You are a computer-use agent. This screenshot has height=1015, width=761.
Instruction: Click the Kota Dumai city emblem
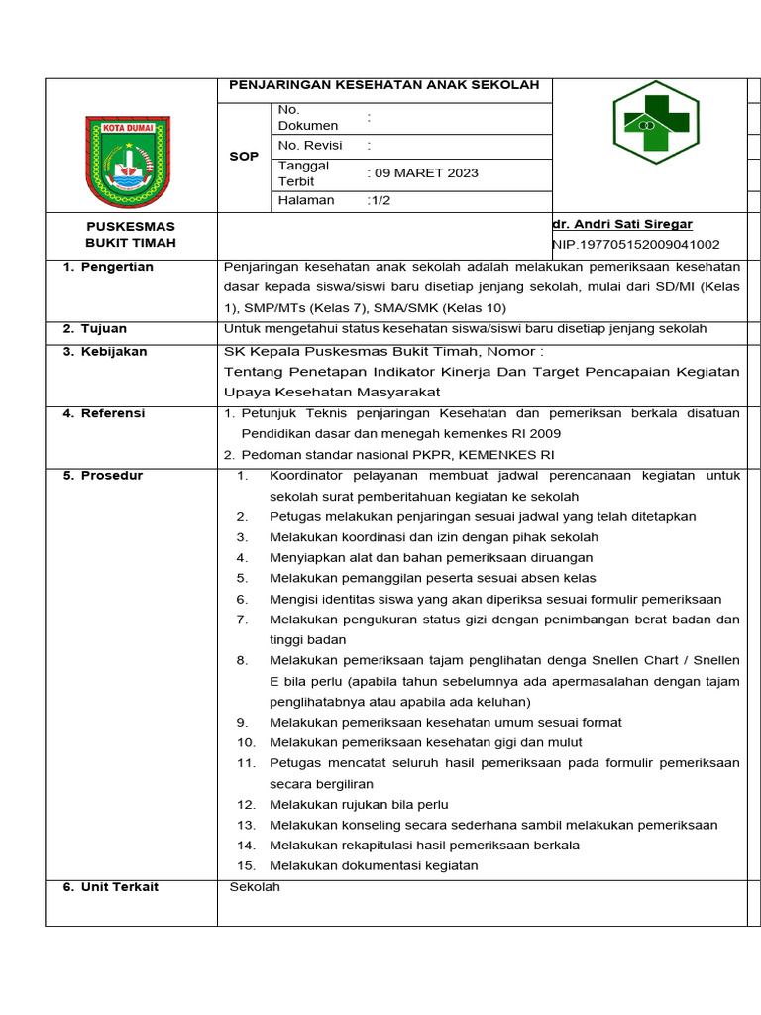tap(128, 162)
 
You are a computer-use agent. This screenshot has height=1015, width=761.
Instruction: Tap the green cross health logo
tap(655, 123)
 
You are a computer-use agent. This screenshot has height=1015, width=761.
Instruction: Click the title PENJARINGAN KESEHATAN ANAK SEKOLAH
tap(384, 85)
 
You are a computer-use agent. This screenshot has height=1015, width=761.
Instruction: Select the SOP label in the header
tap(244, 157)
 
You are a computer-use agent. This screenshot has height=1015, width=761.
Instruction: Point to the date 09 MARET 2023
tap(424, 172)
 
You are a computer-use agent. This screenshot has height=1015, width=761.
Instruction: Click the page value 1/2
tap(379, 200)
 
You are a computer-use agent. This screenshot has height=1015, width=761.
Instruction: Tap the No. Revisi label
tap(310, 145)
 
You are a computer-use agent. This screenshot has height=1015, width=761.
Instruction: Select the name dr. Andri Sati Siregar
tap(622, 225)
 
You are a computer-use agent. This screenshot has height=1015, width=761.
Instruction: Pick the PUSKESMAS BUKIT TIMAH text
tap(131, 235)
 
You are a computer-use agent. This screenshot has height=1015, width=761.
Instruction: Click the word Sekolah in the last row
tap(255, 886)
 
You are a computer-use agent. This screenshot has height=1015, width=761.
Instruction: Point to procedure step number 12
tap(247, 804)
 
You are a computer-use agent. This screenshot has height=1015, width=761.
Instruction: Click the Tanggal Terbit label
tap(303, 173)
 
